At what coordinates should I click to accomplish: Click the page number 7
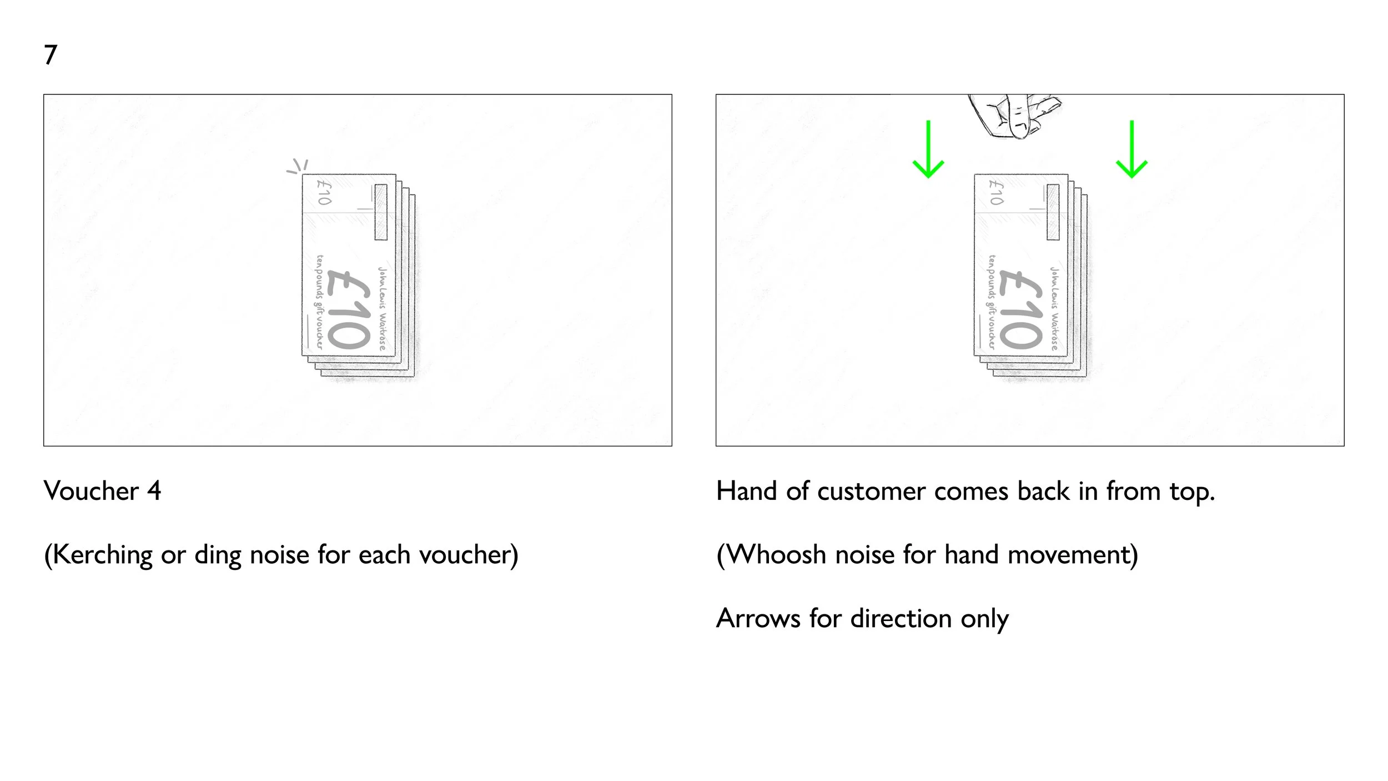(x=51, y=54)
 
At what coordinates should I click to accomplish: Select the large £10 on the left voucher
(x=349, y=309)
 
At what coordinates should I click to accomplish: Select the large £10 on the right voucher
(x=1020, y=309)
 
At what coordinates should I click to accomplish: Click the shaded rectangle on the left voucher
(x=381, y=212)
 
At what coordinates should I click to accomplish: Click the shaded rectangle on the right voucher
(x=1053, y=212)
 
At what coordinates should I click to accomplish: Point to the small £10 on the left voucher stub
(x=324, y=192)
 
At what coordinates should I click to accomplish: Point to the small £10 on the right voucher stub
(x=996, y=192)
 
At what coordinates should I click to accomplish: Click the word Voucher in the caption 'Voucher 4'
(x=92, y=491)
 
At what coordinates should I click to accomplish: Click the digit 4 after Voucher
(x=154, y=491)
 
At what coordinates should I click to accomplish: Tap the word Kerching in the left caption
(x=103, y=555)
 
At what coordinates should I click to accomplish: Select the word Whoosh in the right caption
(x=776, y=555)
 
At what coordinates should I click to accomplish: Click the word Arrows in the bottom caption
(x=758, y=618)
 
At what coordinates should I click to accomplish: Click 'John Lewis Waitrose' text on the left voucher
(x=383, y=308)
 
